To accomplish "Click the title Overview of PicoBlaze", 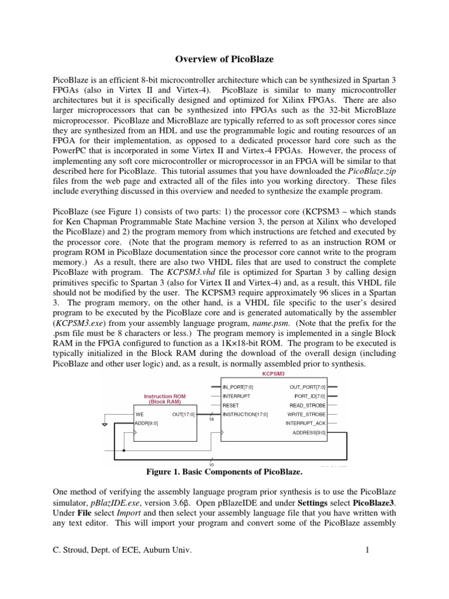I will pyautogui.click(x=225, y=59).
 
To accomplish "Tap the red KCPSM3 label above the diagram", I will pyautogui.click(x=274, y=375).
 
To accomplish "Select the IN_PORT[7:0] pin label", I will pyautogui.click(x=238, y=387).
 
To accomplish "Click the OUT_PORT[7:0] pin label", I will pyautogui.click(x=308, y=387).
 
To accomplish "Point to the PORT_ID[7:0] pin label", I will pyautogui.click(x=310, y=396).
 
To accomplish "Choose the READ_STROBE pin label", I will pyautogui.click(x=308, y=405).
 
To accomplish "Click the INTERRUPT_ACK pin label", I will pyautogui.click(x=306, y=423).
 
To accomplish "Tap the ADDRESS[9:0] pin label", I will pyautogui.click(x=309, y=432).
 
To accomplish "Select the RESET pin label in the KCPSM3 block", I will pyautogui.click(x=230, y=405).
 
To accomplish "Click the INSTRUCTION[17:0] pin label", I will pyautogui.click(x=245, y=414).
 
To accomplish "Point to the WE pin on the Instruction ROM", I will pyautogui.click(x=139, y=414).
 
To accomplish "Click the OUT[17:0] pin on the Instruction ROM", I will pyautogui.click(x=184, y=414).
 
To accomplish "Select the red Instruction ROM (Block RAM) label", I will pyautogui.click(x=164, y=399).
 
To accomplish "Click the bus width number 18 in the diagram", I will pyautogui.click(x=210, y=419).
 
